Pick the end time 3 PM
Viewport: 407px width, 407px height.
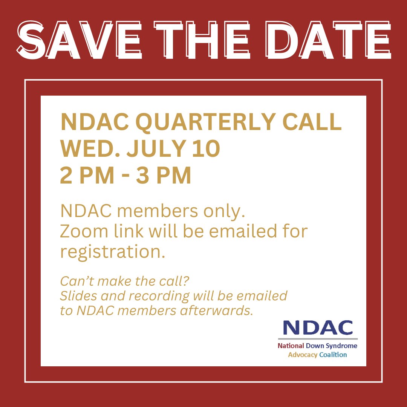click(x=164, y=176)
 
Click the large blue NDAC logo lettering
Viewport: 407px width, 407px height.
click(x=318, y=327)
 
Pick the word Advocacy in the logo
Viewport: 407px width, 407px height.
click(x=303, y=355)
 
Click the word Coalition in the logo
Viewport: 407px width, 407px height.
click(x=333, y=355)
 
